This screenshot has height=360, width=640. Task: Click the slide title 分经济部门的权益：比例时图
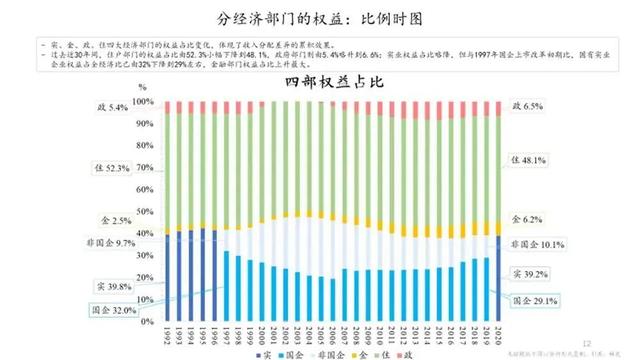coord(319,18)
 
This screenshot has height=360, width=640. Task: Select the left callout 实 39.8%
coord(118,287)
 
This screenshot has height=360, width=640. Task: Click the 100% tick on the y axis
coord(145,102)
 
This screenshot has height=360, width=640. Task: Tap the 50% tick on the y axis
coord(147,211)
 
